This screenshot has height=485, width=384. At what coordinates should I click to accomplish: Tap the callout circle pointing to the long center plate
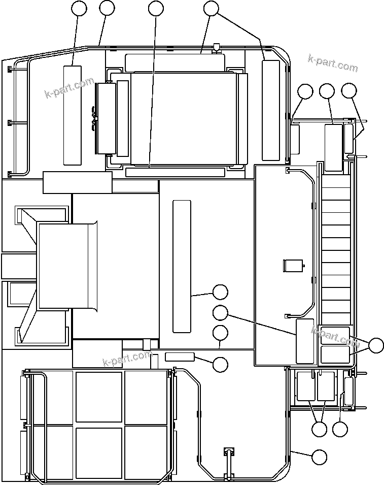[x=220, y=292]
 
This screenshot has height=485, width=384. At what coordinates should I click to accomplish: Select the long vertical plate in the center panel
[x=182, y=267]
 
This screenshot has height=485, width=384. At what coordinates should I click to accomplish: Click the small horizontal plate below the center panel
[x=180, y=357]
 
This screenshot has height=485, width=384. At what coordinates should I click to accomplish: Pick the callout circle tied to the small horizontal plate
[x=220, y=364]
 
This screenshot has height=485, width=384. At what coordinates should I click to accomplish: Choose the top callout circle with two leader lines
[x=211, y=8]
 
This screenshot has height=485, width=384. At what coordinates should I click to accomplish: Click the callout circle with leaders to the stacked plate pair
[x=376, y=345]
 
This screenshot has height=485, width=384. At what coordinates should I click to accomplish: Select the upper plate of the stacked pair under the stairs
[x=335, y=336]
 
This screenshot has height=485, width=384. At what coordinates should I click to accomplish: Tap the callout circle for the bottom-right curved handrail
[x=319, y=457]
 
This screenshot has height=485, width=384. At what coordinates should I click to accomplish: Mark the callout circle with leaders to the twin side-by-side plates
[x=319, y=429]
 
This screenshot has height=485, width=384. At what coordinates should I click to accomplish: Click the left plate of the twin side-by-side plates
[x=305, y=386]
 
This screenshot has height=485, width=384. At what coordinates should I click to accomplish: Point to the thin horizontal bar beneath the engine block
[x=175, y=173]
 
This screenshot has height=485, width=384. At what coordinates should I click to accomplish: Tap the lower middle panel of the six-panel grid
[x=99, y=453]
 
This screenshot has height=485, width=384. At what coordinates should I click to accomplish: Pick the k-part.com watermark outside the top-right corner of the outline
[x=333, y=64]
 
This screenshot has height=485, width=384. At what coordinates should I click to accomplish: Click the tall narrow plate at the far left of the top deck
[x=72, y=115]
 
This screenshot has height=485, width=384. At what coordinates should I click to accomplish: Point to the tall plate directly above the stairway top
[x=333, y=147]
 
